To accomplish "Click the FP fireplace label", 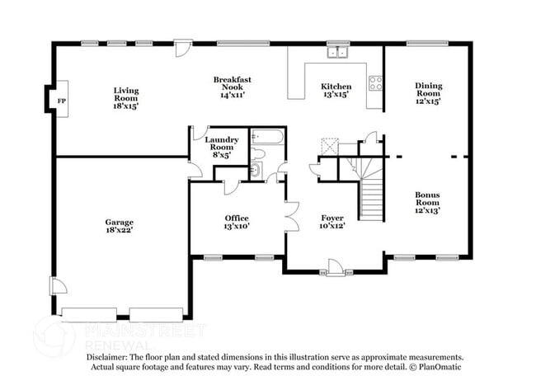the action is [x=62, y=101].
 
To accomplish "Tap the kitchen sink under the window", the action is [x=337, y=52].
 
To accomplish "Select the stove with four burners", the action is [x=375, y=83].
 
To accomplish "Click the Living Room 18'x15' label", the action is [x=126, y=98].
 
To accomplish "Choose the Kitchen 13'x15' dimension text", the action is [x=336, y=94].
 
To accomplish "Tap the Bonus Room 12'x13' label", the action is [x=427, y=202].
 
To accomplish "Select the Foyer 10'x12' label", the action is [x=332, y=222].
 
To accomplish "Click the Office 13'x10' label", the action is [x=237, y=222].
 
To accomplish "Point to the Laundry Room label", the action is [x=222, y=143].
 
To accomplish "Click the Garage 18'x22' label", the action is [x=119, y=226].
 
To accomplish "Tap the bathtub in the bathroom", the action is [x=267, y=137].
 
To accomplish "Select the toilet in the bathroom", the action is [x=258, y=154].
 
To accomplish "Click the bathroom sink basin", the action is [x=256, y=169].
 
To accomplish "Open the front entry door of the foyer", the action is [x=335, y=266].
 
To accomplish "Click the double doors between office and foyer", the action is [x=292, y=217].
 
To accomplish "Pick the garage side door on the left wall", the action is [x=58, y=286].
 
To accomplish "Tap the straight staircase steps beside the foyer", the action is [x=372, y=200].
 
